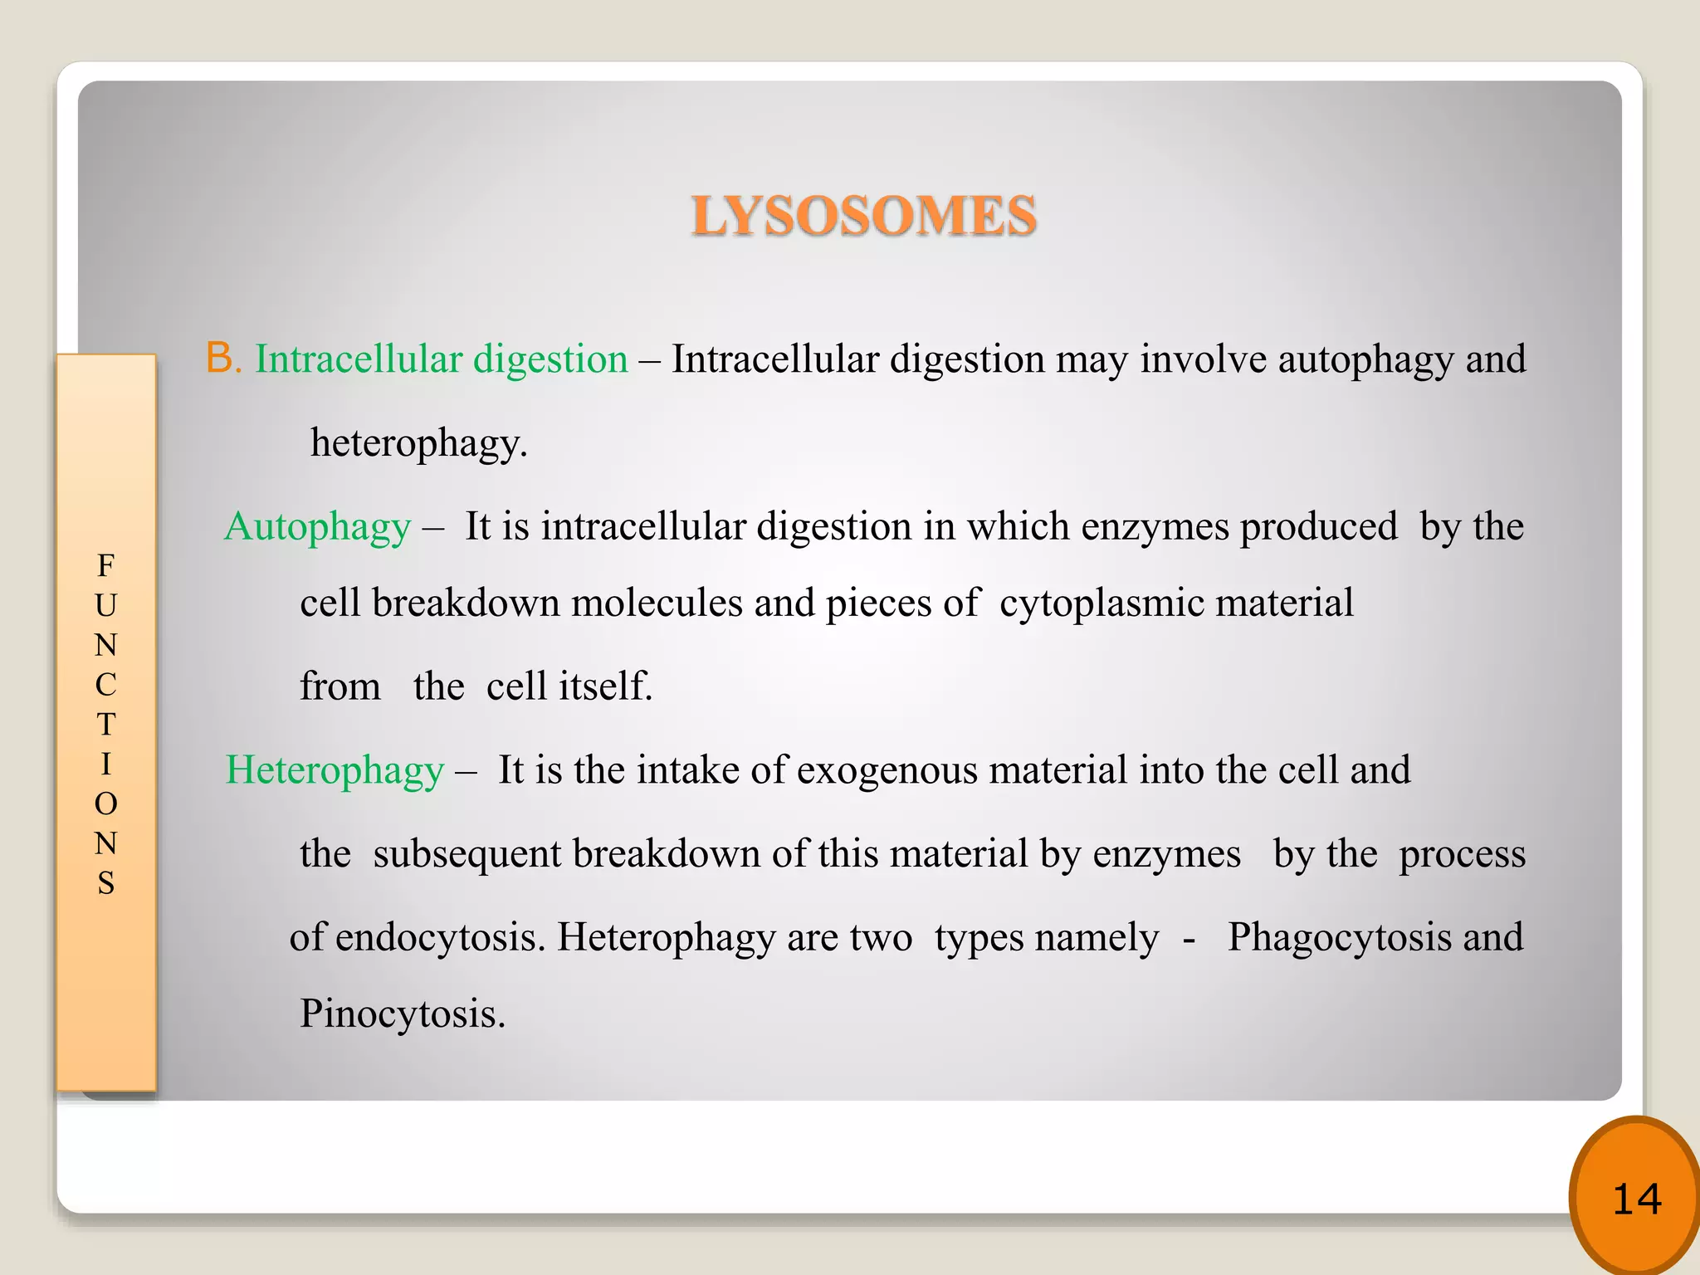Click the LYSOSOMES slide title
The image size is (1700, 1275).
pyautogui.click(x=864, y=216)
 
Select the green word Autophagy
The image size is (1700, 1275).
pyautogui.click(x=318, y=527)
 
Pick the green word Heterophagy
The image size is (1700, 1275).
pyautogui.click(x=335, y=770)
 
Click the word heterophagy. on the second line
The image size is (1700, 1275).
pyautogui.click(x=418, y=443)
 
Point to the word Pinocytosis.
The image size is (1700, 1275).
pyautogui.click(x=403, y=1014)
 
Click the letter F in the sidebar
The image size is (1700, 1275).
pyautogui.click(x=105, y=566)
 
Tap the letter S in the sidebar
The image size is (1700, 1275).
pyautogui.click(x=105, y=883)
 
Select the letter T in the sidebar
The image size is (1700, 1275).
pyautogui.click(x=105, y=725)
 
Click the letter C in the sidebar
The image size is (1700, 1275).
pyautogui.click(x=105, y=685)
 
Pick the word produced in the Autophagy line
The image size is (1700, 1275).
pyautogui.click(x=1318, y=527)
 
